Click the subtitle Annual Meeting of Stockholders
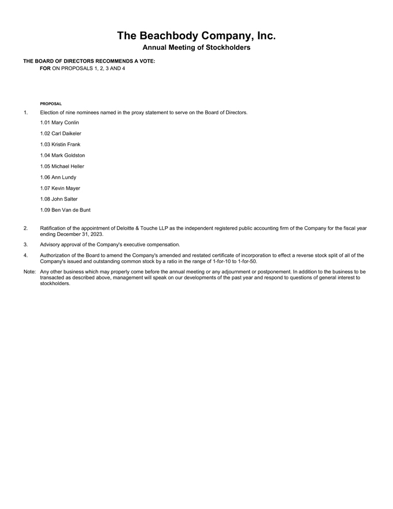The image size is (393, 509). [196, 47]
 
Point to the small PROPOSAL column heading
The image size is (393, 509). [51, 104]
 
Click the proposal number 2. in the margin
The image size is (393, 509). [25, 228]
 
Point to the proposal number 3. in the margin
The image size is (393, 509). [25, 245]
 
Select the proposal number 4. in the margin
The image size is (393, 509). [25, 255]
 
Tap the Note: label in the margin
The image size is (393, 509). [29, 271]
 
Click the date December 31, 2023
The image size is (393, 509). [80, 234]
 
